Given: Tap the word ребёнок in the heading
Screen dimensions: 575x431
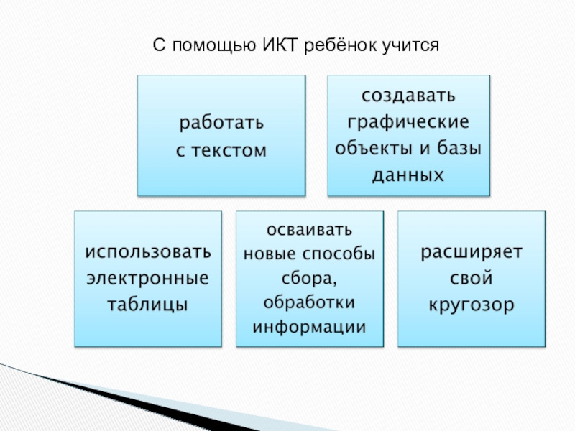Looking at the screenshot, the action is tap(341, 47).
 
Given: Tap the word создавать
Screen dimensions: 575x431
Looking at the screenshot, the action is tap(408, 96).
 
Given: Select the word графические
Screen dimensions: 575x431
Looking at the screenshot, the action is tap(408, 122).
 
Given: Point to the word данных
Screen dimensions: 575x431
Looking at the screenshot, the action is tap(408, 175).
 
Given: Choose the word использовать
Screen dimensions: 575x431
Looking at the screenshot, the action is tap(149, 252).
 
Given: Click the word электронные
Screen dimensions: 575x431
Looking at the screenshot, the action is tap(148, 278).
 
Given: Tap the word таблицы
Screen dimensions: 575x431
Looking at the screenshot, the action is tap(148, 304).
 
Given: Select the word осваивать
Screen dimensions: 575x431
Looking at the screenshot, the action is tap(310, 231).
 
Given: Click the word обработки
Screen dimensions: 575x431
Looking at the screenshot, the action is tap(310, 302).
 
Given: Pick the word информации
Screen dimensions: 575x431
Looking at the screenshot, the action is tap(310, 326).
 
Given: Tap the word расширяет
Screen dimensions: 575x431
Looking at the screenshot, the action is tap(472, 252).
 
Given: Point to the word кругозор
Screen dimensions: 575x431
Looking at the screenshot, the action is tap(472, 304).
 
